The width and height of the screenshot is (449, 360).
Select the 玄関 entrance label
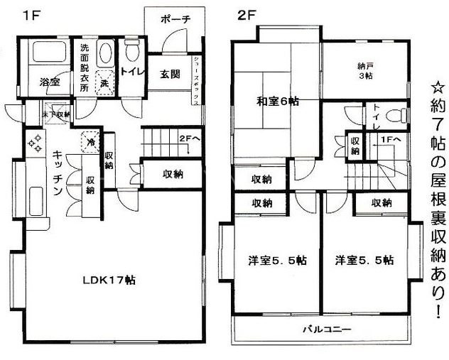[168, 73]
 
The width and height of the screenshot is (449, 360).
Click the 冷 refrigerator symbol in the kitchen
[91, 141]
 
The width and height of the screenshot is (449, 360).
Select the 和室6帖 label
[278, 102]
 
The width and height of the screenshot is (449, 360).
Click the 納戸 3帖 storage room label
[364, 72]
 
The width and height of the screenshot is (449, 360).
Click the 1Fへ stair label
[391, 139]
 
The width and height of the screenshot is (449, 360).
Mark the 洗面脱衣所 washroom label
[85, 68]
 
